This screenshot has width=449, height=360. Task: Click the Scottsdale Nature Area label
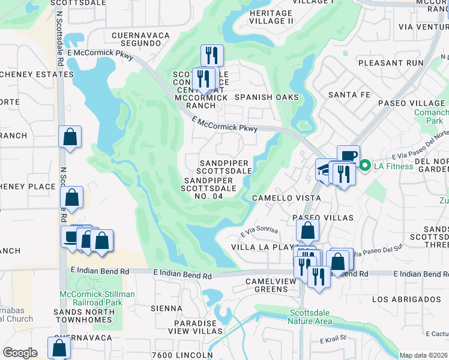310,317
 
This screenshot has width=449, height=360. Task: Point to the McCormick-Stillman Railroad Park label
97,298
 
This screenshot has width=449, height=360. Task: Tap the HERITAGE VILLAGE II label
271,17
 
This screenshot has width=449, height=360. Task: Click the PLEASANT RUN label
390,62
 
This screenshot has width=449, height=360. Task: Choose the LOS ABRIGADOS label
406,299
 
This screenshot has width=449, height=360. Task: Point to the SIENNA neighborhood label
167,308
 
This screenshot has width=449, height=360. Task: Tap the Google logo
20,352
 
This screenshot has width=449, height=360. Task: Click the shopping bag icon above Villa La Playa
307,230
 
